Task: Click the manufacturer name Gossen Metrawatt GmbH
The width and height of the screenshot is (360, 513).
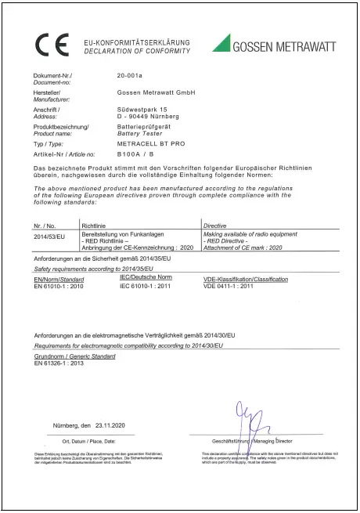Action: [155, 92]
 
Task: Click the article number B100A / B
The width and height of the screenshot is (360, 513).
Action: [135, 155]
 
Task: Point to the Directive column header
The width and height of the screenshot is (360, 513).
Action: [215, 225]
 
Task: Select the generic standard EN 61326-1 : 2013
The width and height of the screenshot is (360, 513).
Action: [65, 363]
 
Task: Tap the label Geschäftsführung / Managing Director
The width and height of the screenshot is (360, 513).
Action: [249, 442]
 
